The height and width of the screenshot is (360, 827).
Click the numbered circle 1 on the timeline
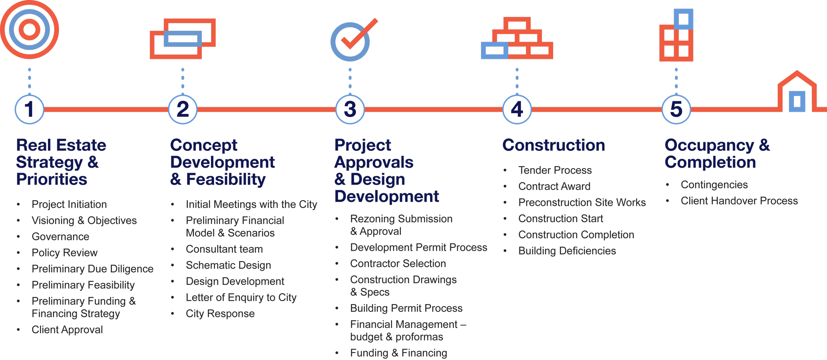pos(29,110)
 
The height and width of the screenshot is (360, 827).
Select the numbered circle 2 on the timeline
pos(183,110)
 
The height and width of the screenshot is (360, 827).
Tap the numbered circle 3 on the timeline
pos(350,110)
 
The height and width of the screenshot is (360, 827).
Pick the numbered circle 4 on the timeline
pos(517,110)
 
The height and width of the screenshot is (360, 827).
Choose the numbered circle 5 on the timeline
pos(676,110)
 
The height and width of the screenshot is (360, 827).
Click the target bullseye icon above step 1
pos(29,29)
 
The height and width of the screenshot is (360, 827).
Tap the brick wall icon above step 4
pos(517,39)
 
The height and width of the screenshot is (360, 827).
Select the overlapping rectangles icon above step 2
pos(183,39)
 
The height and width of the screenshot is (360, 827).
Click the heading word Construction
pos(554,145)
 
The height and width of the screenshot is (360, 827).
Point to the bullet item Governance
pos(61,237)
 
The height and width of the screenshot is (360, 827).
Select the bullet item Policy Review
pos(65,253)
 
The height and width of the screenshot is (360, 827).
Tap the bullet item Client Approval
pos(67,330)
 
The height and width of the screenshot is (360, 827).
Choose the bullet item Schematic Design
pos(228,265)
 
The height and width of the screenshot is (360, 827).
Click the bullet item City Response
pos(220,314)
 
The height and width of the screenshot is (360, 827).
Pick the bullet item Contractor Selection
pos(398,264)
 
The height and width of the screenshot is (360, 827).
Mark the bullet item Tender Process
pos(555,170)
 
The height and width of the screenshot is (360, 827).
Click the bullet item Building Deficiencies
pos(567,251)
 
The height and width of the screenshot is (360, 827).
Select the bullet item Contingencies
pos(714,185)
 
